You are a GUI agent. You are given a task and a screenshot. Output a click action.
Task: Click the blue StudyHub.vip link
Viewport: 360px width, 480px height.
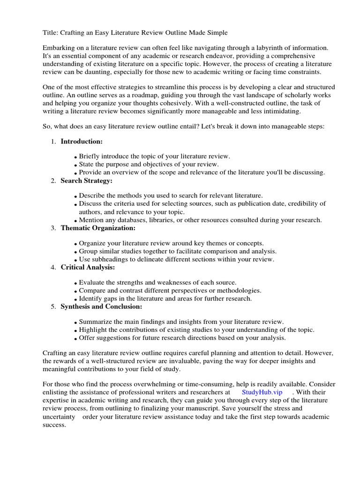pyautogui.click(x=262, y=392)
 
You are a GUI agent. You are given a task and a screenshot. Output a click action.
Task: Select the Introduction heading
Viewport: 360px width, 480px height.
pyautogui.click(x=82, y=142)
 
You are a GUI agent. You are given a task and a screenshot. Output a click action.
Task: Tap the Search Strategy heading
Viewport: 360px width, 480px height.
pyautogui.click(x=87, y=181)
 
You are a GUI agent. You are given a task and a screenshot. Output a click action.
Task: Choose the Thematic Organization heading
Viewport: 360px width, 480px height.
pyautogui.click(x=98, y=228)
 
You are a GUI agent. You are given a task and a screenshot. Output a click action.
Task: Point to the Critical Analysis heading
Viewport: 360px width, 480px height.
pyautogui.click(x=88, y=267)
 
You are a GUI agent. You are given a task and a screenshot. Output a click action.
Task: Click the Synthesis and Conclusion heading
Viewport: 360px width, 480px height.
pyautogui.click(x=102, y=307)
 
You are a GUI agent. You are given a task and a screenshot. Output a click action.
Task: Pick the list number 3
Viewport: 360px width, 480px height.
pyautogui.click(x=53, y=228)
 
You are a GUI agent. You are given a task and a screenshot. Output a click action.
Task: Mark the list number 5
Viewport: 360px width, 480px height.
pyautogui.click(x=53, y=307)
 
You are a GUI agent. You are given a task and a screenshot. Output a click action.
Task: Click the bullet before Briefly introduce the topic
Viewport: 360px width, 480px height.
pyautogui.click(x=76, y=157)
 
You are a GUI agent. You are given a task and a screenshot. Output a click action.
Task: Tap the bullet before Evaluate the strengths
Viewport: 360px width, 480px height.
pyautogui.click(x=76, y=283)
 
